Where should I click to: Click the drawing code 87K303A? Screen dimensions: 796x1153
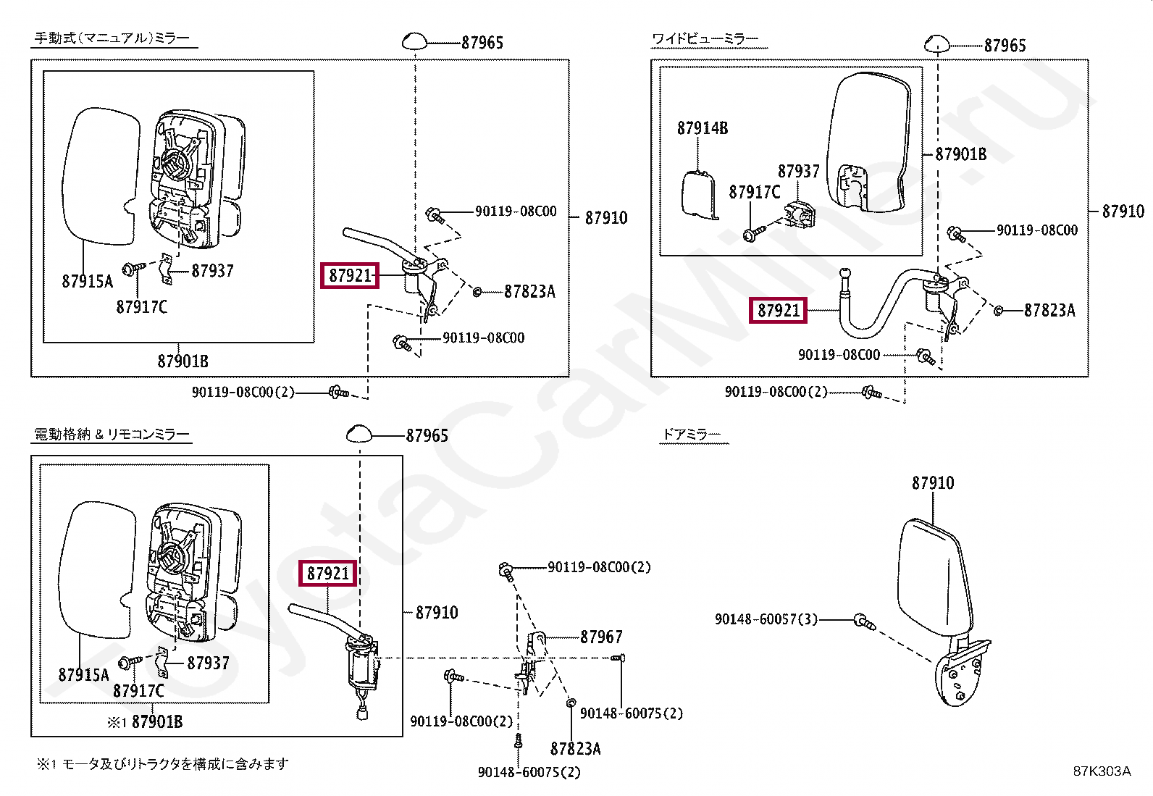tap(1101, 771)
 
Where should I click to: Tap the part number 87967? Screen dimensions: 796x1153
tap(601, 637)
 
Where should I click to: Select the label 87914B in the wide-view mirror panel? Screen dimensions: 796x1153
tap(703, 128)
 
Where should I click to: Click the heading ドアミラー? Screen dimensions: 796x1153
tap(691, 435)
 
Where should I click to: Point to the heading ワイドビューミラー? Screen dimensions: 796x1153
tap(705, 38)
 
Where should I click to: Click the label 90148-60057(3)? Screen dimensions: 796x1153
tap(766, 619)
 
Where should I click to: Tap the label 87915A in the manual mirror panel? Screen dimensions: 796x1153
tap(88, 282)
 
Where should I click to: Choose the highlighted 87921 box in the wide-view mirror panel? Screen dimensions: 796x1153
tap(779, 311)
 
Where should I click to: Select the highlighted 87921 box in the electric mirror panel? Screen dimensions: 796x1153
tap(328, 574)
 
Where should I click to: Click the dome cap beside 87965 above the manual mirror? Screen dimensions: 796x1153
tap(415, 41)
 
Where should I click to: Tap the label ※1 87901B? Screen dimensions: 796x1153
tap(145, 722)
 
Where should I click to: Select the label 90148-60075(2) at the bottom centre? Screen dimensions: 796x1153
tap(529, 773)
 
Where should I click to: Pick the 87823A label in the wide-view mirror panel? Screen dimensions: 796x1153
tap(1049, 311)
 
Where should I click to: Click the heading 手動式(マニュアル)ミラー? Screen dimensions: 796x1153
tap(112, 38)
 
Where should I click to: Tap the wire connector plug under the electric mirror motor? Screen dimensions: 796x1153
tap(364, 713)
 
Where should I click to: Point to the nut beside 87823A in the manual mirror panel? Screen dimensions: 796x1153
tap(477, 291)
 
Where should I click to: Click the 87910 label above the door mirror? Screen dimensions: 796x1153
tap(933, 483)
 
